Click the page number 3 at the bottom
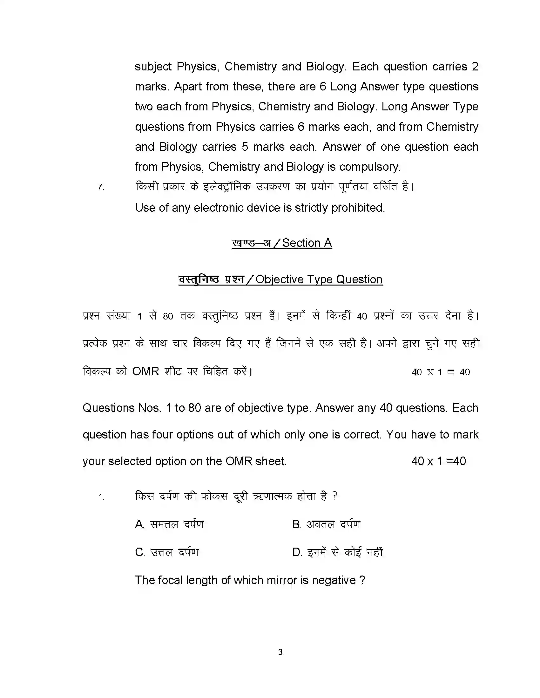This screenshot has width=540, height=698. click(x=280, y=652)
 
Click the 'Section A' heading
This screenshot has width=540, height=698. click(x=307, y=243)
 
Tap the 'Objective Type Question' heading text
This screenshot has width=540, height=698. click(x=319, y=280)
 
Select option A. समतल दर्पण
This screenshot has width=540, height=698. click(x=170, y=524)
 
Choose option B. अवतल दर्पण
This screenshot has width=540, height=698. click(x=326, y=524)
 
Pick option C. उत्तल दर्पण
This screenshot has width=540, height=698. click(x=167, y=552)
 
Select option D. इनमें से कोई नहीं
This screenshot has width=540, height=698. click(x=337, y=552)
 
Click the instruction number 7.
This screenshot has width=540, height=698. click(x=101, y=187)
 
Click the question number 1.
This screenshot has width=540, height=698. click(x=101, y=497)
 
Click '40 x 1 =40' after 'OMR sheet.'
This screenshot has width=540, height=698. click(x=438, y=461)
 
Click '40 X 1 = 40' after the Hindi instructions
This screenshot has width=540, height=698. click(x=441, y=372)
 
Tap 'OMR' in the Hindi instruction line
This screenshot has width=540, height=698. click(x=145, y=372)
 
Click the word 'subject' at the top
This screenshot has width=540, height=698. click(x=153, y=67)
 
